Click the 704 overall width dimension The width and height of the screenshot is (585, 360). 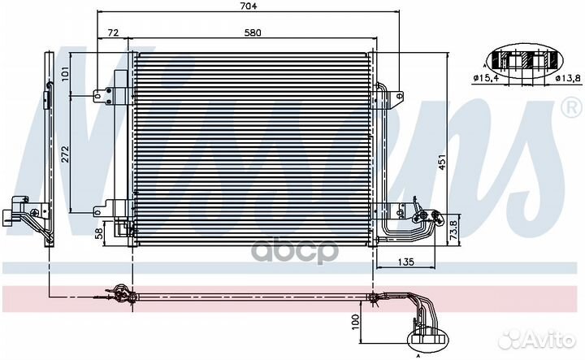click(249, 6)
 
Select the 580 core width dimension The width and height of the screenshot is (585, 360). click(253, 33)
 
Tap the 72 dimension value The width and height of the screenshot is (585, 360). click(113, 33)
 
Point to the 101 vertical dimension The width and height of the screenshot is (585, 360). click(64, 75)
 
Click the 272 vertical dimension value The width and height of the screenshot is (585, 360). click(65, 154)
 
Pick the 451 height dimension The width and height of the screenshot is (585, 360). click(442, 162)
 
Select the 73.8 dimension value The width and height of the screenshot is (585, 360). click(453, 229)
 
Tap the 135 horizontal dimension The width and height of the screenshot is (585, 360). click(405, 262)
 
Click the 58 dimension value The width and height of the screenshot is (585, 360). click(99, 233)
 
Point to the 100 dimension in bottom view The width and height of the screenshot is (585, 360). click(355, 322)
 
